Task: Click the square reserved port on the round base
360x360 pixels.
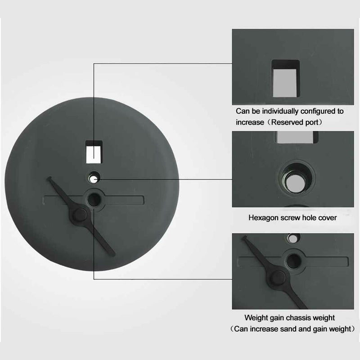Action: point(94,152)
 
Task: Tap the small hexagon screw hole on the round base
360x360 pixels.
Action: point(94,178)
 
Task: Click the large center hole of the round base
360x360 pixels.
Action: point(94,199)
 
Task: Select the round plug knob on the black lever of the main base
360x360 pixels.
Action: point(80,215)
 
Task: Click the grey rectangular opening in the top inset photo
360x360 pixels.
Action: point(285,78)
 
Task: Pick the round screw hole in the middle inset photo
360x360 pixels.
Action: point(296,178)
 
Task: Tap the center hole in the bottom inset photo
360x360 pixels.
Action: point(294,261)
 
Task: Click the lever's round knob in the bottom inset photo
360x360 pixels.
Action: point(278,278)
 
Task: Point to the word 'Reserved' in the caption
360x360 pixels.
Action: point(287,122)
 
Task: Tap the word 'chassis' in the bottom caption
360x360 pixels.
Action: point(292,318)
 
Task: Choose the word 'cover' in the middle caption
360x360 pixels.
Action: point(328,218)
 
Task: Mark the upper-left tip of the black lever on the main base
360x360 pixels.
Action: point(49,178)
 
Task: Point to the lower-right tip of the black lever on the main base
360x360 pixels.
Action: point(113,255)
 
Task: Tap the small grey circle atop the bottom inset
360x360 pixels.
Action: point(293,238)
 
